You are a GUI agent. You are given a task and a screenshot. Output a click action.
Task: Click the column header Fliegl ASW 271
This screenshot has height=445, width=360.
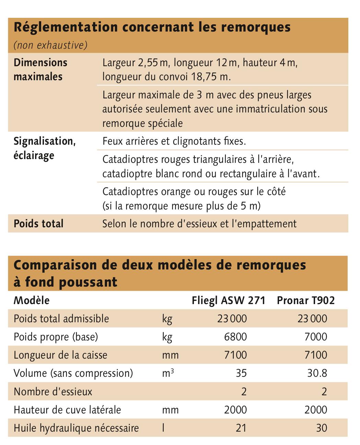click(228, 300)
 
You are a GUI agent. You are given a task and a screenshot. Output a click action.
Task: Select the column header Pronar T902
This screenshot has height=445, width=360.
click(305, 300)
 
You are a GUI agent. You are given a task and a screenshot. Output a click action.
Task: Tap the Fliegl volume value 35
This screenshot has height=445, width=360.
click(241, 373)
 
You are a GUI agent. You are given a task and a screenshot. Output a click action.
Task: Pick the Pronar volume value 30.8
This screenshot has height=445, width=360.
click(317, 373)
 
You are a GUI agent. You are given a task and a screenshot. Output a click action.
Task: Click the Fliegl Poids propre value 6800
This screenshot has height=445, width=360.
click(235, 337)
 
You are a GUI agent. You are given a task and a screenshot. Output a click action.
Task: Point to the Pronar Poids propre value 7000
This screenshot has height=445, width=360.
click(316, 337)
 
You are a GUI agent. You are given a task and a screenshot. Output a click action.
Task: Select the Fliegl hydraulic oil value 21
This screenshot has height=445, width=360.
click(241, 428)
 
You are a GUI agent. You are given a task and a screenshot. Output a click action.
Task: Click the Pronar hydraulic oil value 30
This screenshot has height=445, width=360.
click(322, 428)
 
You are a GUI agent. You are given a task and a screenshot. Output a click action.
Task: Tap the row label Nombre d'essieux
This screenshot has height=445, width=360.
click(53, 392)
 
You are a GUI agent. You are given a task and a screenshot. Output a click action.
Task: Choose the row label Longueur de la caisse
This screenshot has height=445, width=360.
click(60, 355)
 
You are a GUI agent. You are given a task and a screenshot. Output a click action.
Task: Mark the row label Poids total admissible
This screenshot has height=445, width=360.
click(61, 318)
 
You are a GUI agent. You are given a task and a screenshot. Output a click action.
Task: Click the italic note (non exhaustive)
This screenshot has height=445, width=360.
click(50, 45)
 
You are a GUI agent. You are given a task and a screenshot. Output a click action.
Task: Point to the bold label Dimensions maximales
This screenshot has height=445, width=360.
click(40, 69)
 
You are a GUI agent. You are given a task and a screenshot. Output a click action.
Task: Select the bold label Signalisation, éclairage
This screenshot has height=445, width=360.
click(44, 148)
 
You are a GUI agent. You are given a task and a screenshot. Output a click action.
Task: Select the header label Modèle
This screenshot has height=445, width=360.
click(32, 300)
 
